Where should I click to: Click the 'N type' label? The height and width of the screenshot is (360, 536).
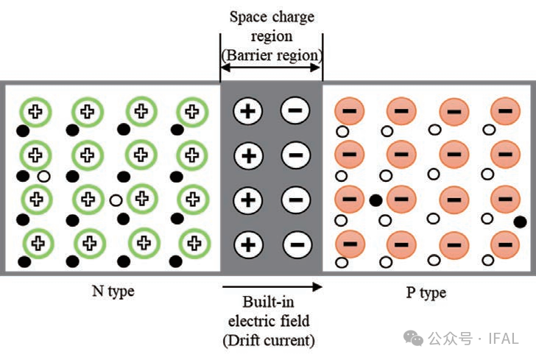click(x=113, y=292)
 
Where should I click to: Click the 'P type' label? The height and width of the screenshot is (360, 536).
click(x=426, y=293)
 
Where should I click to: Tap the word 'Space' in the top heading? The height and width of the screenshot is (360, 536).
click(x=250, y=16)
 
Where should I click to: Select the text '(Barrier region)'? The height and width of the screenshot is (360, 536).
click(x=272, y=54)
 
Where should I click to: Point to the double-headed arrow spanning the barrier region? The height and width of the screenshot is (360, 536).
click(x=271, y=68)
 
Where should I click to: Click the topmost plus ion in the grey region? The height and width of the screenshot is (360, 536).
click(x=248, y=112)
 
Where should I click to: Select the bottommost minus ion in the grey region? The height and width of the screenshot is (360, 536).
click(x=295, y=244)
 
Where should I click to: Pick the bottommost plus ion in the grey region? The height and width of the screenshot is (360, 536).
click(x=248, y=244)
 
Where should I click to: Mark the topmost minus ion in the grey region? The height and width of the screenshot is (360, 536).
click(x=295, y=112)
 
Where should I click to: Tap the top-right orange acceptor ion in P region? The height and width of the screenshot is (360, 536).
click(x=505, y=113)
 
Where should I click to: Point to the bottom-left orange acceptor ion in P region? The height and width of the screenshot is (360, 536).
click(x=350, y=243)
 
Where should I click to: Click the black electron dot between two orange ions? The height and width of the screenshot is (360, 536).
click(x=375, y=200)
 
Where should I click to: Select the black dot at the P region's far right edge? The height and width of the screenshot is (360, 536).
click(x=520, y=222)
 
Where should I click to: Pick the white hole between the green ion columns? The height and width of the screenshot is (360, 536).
click(x=115, y=200)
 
